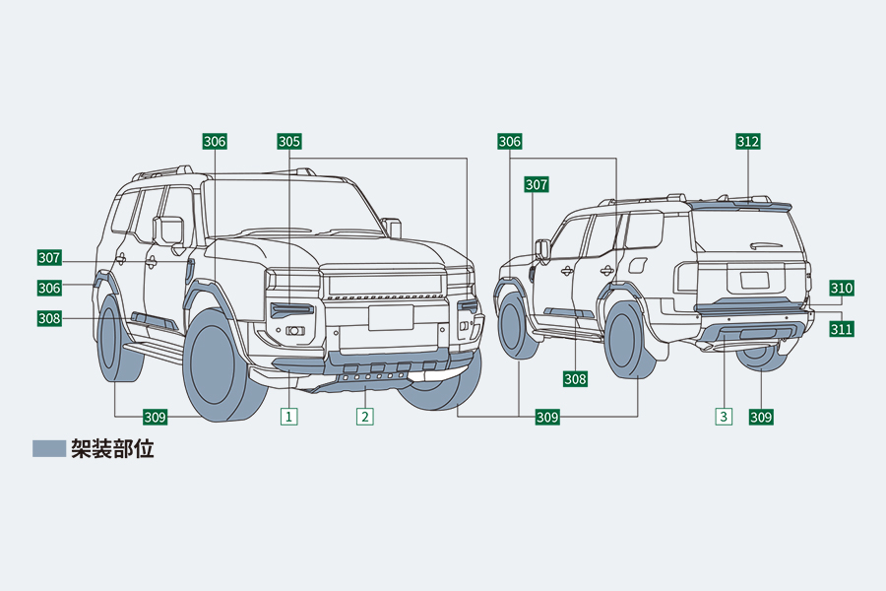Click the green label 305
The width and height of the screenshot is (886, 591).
click(x=289, y=142)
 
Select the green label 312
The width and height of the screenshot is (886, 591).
click(x=748, y=142)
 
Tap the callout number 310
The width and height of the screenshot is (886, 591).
click(x=841, y=289)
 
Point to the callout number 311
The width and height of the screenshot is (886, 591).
click(x=841, y=329)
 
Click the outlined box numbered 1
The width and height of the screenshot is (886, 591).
click(x=289, y=417)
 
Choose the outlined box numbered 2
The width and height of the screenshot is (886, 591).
click(x=365, y=417)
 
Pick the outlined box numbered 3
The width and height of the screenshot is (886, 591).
click(x=724, y=417)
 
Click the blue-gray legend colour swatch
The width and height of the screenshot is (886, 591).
click(x=49, y=449)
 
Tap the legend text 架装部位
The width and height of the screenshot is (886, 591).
click(x=112, y=449)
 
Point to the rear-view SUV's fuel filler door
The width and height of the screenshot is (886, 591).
click(x=637, y=265)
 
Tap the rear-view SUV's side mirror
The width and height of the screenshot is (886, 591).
click(x=541, y=248)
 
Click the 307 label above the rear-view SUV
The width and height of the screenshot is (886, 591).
click(x=537, y=184)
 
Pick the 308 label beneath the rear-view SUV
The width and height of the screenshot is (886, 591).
click(x=576, y=378)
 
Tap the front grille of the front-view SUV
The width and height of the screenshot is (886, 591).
click(x=384, y=285)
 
